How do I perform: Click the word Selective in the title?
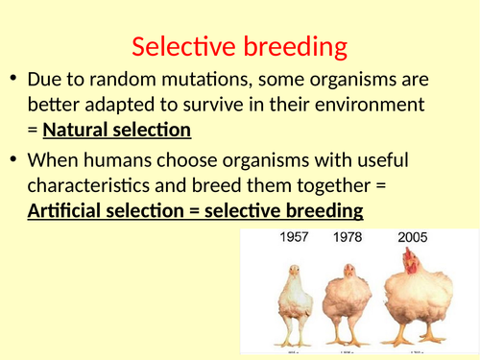tap(182, 46)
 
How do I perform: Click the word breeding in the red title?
tap(292, 46)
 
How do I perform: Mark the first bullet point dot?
tap(13, 80)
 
